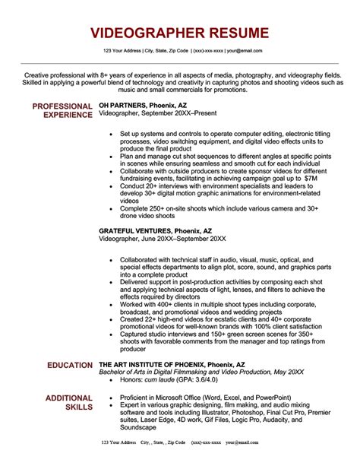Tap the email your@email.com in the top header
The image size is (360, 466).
244,51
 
